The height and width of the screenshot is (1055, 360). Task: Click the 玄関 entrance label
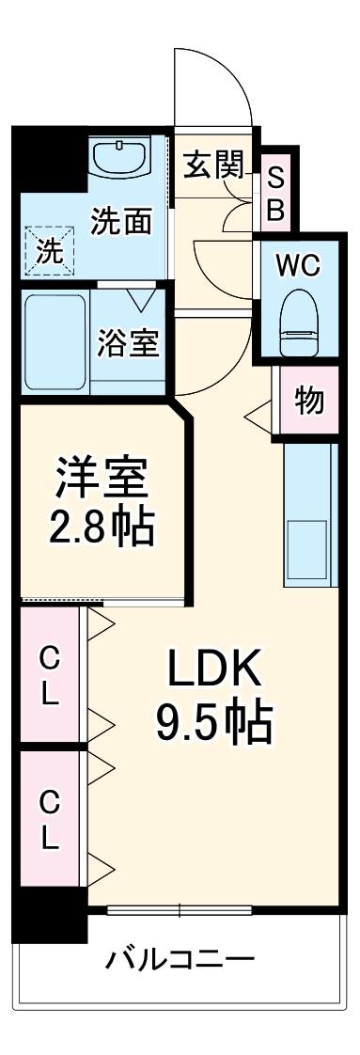click(x=213, y=165)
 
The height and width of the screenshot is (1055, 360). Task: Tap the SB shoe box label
click(x=275, y=194)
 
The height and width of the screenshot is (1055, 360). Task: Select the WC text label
click(x=298, y=265)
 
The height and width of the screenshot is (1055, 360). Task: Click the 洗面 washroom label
click(x=121, y=221)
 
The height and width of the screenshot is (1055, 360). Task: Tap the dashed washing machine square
click(x=47, y=250)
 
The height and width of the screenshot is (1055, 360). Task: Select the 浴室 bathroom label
click(x=128, y=344)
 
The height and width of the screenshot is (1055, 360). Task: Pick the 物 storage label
click(x=308, y=402)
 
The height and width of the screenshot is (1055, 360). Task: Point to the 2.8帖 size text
click(x=102, y=528)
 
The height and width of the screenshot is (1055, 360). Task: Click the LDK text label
click(x=213, y=669)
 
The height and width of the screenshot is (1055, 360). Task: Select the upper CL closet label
click(x=49, y=677)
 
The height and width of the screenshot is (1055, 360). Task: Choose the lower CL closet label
click(x=49, y=818)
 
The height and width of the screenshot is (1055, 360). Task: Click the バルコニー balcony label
click(x=180, y=960)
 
